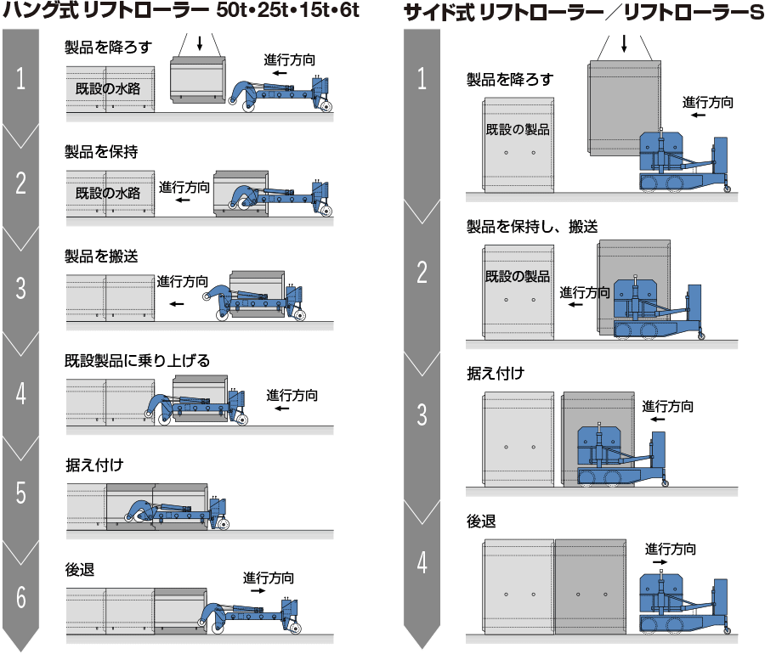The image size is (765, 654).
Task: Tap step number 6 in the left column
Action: (x=20, y=597)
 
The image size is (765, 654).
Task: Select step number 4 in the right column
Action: (x=422, y=563)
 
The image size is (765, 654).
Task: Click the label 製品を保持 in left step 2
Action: (x=101, y=152)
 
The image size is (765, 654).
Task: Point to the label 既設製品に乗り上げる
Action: (x=137, y=360)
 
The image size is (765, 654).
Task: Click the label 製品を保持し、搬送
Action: (x=532, y=227)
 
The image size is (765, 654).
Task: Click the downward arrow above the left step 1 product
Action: (x=200, y=45)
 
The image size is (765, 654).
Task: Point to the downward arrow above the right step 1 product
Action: (x=625, y=43)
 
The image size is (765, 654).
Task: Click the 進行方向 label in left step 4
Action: (x=292, y=395)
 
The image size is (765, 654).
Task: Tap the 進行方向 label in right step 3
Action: (x=667, y=406)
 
